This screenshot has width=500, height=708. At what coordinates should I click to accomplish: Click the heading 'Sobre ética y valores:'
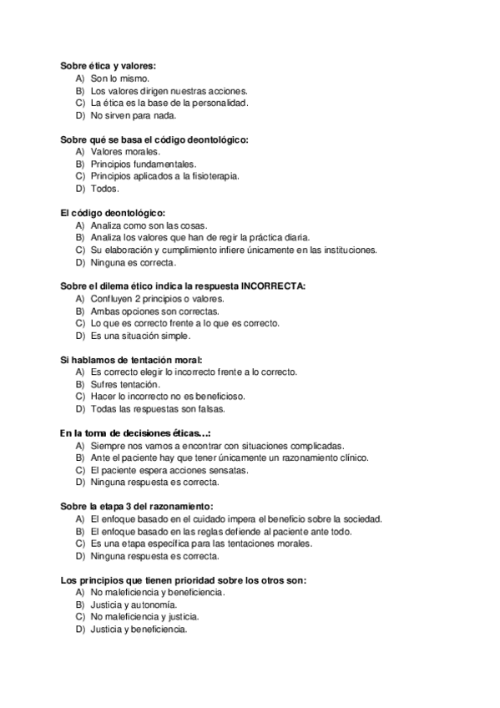click(109, 65)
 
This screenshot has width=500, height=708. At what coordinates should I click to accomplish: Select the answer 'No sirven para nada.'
click(134, 116)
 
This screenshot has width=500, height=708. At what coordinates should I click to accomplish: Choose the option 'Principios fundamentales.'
click(143, 164)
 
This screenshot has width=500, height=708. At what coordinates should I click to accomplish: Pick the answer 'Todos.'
click(105, 189)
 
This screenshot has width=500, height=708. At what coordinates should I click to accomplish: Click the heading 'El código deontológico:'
click(113, 212)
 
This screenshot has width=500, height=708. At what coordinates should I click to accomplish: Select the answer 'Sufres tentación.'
click(126, 384)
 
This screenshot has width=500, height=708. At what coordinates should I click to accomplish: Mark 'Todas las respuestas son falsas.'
click(157, 409)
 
